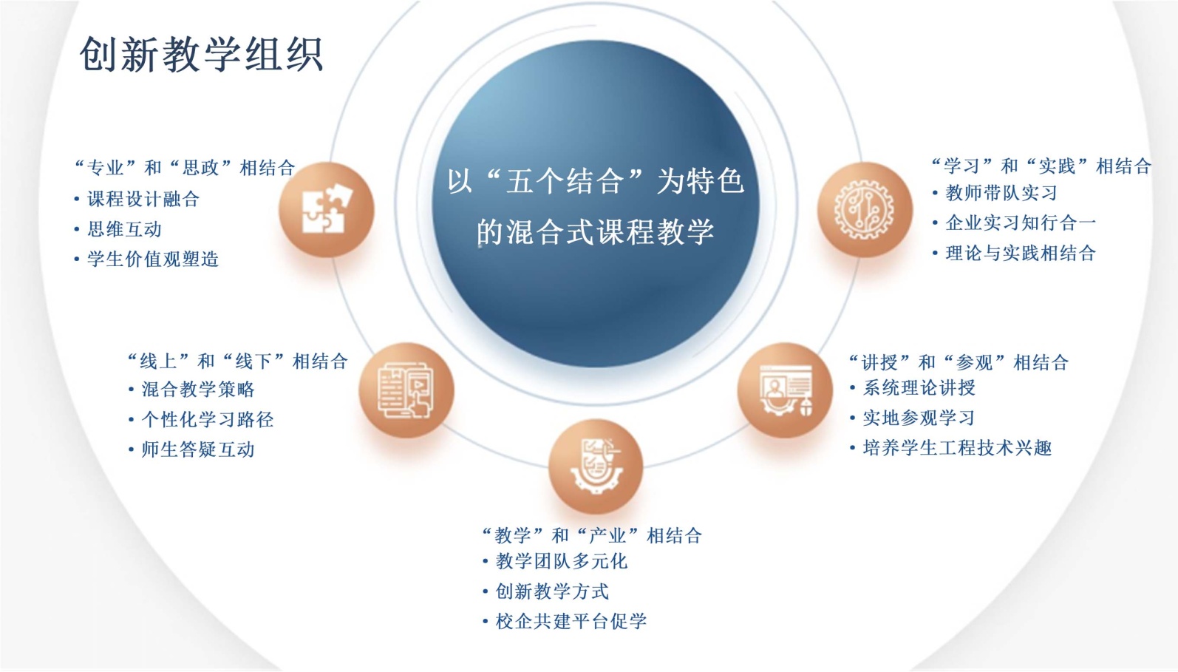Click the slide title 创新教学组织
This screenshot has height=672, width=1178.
click(x=201, y=54)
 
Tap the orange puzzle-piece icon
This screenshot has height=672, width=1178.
click(x=327, y=209)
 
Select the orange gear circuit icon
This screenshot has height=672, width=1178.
click(x=865, y=209)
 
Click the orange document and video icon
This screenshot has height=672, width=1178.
click(x=406, y=390)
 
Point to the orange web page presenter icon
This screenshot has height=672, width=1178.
click(x=785, y=390)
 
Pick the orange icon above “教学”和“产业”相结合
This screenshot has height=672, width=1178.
click(x=596, y=466)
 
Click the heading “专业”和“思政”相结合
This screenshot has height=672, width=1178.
click(x=185, y=167)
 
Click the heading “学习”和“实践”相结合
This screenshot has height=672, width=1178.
click(x=1041, y=166)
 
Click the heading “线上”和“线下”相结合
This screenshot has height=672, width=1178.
click(x=238, y=361)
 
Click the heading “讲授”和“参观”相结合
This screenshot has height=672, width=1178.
click(x=959, y=362)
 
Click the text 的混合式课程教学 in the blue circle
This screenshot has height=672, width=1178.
click(x=596, y=231)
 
